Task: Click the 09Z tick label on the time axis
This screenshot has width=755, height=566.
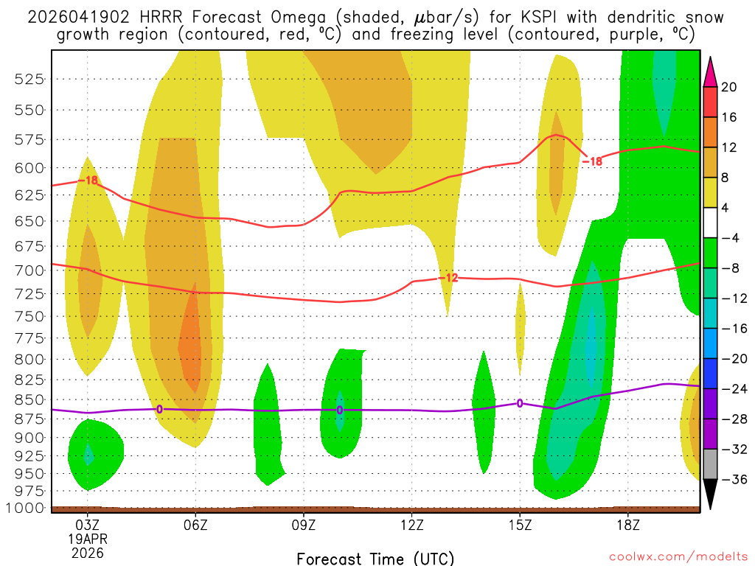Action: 304,525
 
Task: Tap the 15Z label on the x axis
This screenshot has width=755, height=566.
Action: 520,525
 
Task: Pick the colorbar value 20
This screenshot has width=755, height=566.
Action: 729,87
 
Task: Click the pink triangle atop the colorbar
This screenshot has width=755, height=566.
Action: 711,70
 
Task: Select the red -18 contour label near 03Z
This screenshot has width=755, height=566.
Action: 91,181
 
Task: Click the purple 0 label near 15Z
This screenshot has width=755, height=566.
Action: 520,403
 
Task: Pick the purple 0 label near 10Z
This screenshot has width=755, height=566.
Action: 340,410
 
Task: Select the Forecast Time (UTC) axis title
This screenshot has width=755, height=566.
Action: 375,558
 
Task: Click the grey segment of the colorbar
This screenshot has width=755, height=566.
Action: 711,464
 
